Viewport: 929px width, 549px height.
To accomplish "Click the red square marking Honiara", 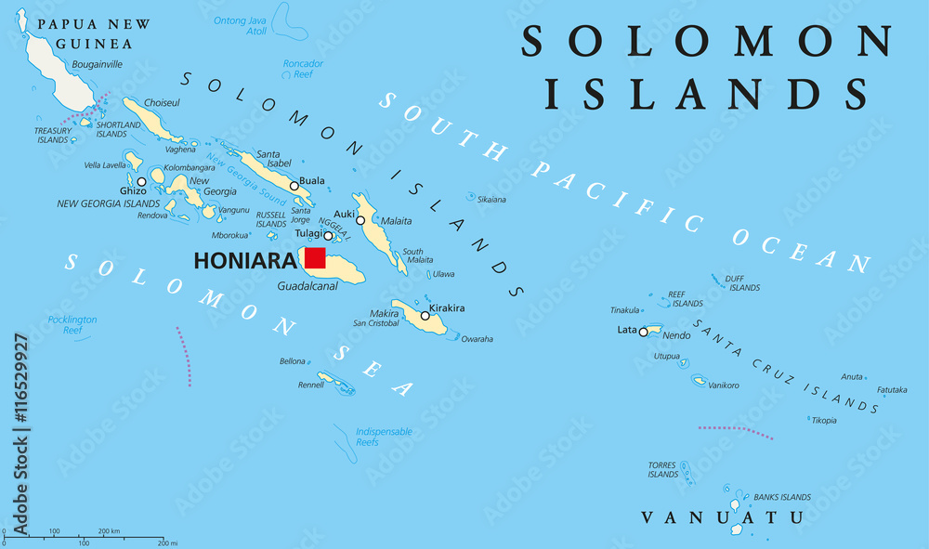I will click(314, 257).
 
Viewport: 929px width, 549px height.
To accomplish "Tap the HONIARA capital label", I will click(244, 261).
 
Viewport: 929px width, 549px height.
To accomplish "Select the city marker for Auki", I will click(360, 220).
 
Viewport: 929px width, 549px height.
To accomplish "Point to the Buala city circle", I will click(294, 186).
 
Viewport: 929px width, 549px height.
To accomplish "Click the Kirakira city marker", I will click(425, 316).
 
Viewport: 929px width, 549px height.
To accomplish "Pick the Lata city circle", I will click(643, 331).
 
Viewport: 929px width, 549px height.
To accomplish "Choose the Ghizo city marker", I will click(141, 182).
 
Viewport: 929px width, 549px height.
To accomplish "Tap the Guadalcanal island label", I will click(307, 286).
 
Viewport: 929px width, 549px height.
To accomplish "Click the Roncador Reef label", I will click(303, 70).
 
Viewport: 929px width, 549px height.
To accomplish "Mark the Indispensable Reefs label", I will click(385, 437).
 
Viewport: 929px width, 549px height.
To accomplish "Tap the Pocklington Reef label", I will click(72, 325).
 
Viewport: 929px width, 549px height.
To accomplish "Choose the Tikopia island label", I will click(823, 420).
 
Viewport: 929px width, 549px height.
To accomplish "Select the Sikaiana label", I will click(491, 200).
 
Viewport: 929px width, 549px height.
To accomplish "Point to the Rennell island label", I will click(311, 386).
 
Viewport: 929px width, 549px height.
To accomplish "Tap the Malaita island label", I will click(397, 221).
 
